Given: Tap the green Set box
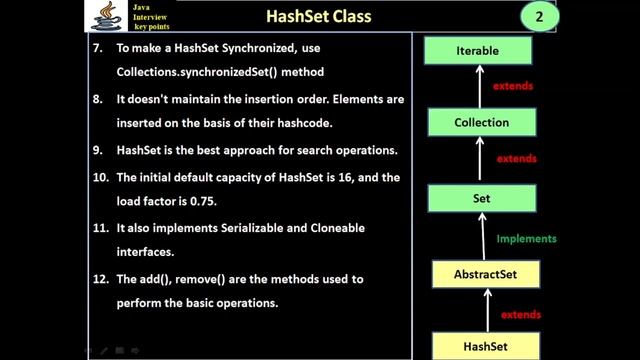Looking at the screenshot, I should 480,198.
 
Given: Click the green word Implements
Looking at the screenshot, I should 527,239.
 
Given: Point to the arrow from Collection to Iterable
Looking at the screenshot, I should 480,86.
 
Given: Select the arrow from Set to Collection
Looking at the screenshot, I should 480,160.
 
